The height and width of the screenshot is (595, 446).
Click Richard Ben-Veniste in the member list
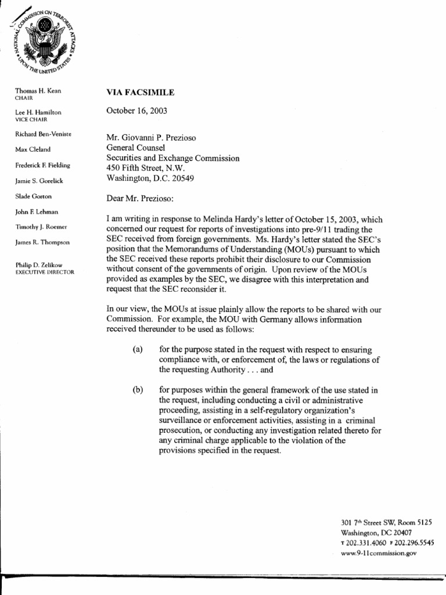coord(43,134)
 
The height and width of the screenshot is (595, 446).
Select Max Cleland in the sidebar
coord(33,149)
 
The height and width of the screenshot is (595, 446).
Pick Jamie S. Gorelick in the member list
coord(39,181)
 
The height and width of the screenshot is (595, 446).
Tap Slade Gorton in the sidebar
coord(34,196)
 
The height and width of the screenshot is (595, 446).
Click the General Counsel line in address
coord(136,148)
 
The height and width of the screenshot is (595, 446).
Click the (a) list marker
coord(137,349)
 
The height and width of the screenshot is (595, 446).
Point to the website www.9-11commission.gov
coord(379,554)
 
